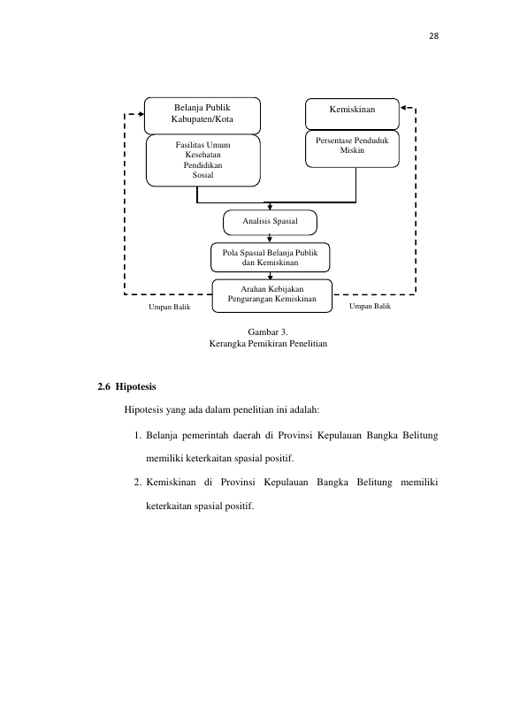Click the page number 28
(433, 36)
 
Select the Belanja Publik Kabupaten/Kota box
(203, 116)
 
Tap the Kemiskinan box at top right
(352, 113)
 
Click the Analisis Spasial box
(270, 223)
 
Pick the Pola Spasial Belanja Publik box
(270, 257)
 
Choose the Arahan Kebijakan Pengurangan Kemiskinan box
(272, 295)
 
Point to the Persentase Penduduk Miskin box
(352, 149)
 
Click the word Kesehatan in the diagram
(203, 155)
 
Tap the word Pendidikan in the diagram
(203, 164)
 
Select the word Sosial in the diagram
(203, 175)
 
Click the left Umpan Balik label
(170, 307)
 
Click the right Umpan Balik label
(370, 306)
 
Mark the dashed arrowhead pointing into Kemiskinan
(403, 108)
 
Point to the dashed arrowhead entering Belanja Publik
(141, 114)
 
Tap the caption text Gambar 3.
(268, 332)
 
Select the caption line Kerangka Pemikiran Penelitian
(268, 344)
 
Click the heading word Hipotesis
(135, 387)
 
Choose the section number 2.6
(103, 387)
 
